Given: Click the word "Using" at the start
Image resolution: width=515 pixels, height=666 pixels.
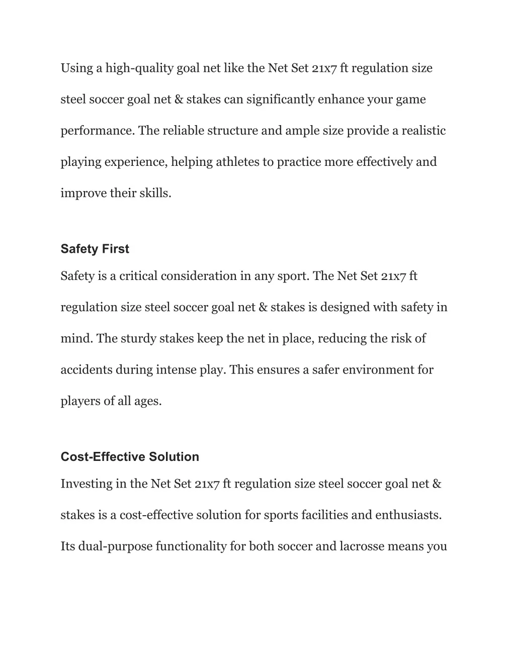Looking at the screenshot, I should tap(74, 68).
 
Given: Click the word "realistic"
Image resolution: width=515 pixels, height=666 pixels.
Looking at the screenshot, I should tap(422, 131).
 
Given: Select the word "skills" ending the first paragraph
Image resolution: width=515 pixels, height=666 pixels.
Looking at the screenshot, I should tap(157, 193).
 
